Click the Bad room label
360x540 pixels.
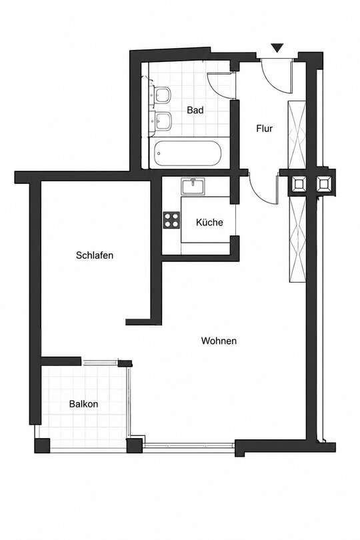(195, 110)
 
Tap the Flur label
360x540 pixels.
(264, 129)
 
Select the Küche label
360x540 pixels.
(209, 222)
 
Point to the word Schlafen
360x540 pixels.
(95, 255)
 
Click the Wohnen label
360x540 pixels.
(219, 341)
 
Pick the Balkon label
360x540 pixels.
(84, 403)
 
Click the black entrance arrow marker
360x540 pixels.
(277, 48)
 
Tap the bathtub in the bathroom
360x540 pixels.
(187, 153)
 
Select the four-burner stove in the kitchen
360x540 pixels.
(171, 220)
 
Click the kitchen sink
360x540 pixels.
(193, 187)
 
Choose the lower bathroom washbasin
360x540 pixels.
(163, 121)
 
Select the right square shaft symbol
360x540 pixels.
(323, 183)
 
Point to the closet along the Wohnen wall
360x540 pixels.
(297, 239)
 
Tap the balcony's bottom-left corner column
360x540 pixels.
(42, 445)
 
